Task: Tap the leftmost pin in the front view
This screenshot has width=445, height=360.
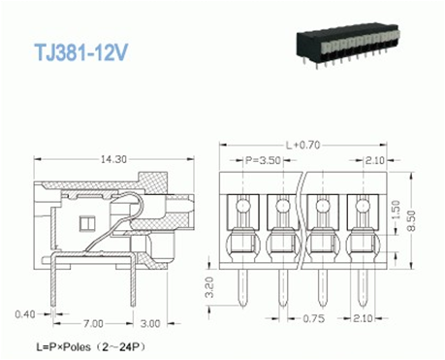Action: (x=242, y=281)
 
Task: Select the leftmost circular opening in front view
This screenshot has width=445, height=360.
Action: (x=242, y=206)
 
